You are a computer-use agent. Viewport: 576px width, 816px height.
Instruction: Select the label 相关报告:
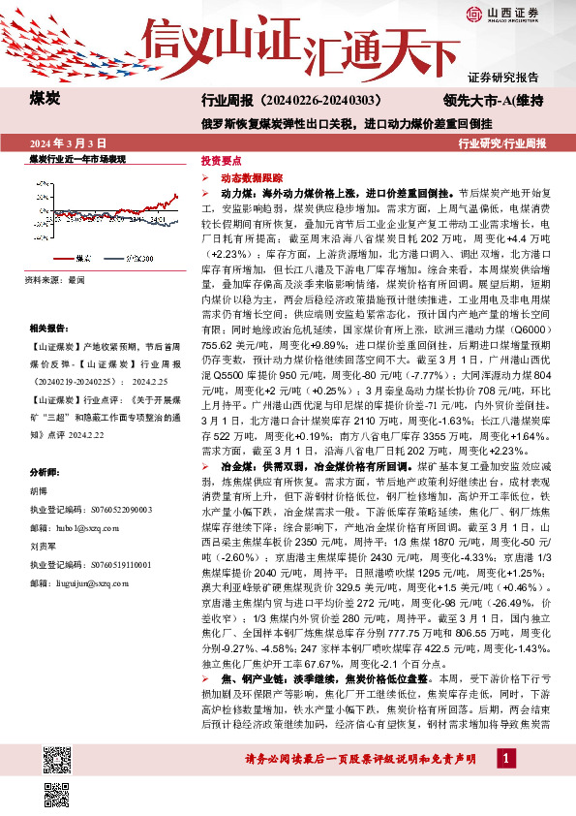click(49, 330)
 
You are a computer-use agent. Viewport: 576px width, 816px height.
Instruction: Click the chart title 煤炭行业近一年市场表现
click(78, 157)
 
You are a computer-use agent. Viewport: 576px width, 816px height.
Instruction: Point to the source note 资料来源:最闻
click(56, 279)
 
